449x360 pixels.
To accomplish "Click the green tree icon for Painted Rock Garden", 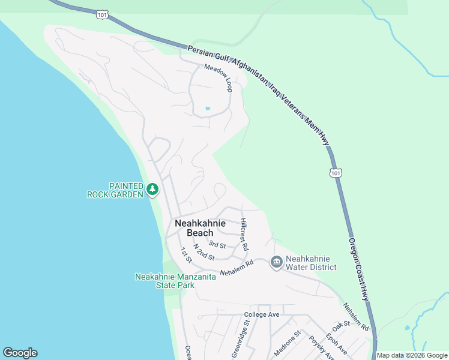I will (x=152, y=190).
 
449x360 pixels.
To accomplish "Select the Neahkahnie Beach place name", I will (x=200, y=228).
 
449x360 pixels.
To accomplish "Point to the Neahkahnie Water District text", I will (x=311, y=262).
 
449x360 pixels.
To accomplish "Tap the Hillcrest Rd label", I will (x=244, y=234).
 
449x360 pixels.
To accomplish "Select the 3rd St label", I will (x=217, y=245).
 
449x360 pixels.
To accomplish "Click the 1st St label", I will (x=185, y=255).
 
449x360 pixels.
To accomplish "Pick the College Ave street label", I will (x=262, y=314).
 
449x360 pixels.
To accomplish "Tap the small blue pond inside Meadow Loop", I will (x=208, y=109).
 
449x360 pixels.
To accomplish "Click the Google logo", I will (x=20, y=353).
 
